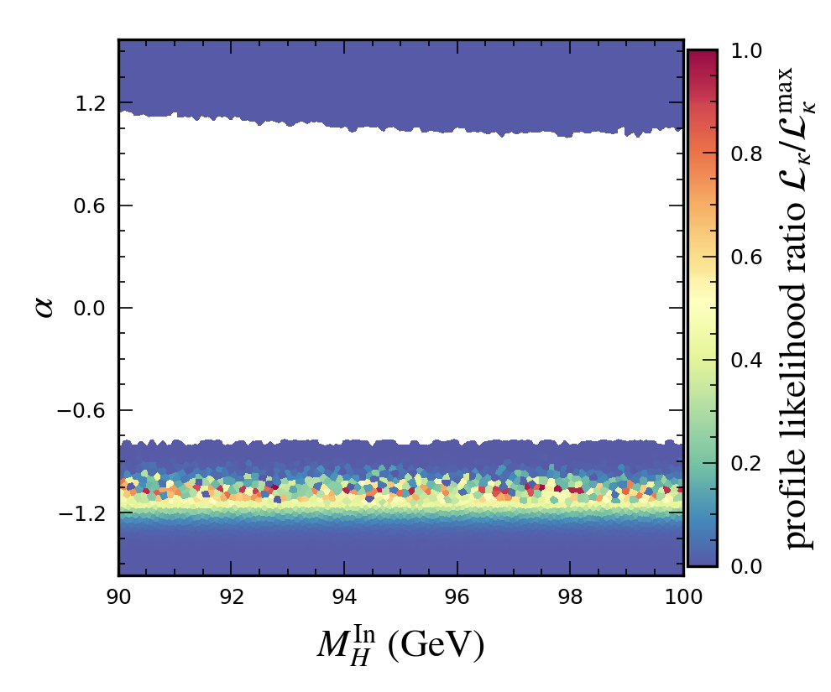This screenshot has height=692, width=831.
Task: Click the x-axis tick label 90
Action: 118,597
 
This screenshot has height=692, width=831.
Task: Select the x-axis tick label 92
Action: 232,597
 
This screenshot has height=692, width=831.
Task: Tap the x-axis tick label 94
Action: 344,597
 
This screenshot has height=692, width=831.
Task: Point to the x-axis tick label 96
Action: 457,597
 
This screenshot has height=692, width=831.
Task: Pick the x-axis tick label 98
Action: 570,597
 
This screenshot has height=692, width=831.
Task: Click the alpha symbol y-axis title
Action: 44,307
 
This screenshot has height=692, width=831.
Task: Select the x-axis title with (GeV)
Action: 400,644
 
